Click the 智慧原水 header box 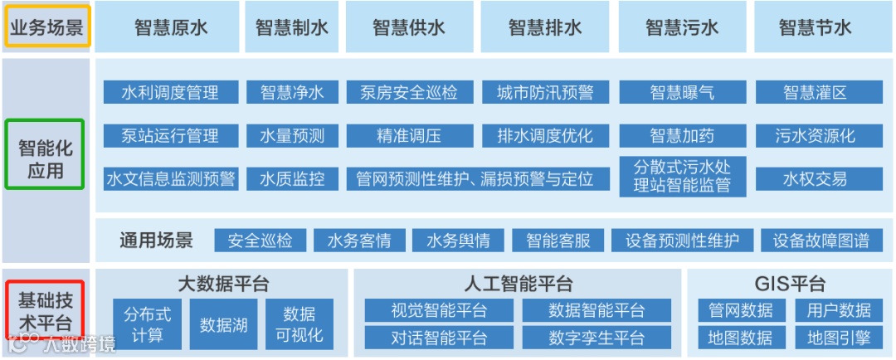click(171, 27)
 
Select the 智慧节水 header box click(815, 27)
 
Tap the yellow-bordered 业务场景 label click(46, 27)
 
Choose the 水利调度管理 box click(171, 92)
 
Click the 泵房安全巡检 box click(409, 92)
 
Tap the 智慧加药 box click(682, 135)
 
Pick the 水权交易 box click(815, 178)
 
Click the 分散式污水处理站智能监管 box click(682, 177)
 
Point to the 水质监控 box click(292, 178)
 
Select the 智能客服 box click(558, 241)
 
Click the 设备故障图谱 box click(821, 241)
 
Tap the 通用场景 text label click(156, 241)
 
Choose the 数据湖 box click(224, 324)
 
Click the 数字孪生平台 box click(597, 338)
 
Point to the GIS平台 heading click(790, 284)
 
